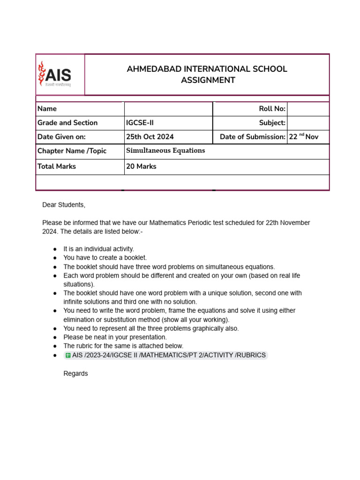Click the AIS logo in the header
click(55, 75)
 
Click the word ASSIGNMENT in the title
click(208, 80)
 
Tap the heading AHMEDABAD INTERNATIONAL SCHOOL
click(207, 69)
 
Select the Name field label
click(47, 109)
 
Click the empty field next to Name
click(168, 109)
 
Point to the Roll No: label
click(272, 109)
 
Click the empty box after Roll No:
click(308, 109)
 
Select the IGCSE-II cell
click(140, 123)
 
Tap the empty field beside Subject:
click(308, 123)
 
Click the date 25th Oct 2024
click(150, 137)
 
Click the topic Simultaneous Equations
click(165, 151)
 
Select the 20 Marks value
click(141, 166)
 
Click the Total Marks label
click(57, 166)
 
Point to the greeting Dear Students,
click(64, 205)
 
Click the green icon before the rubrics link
click(68, 355)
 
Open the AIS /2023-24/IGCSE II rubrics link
click(169, 355)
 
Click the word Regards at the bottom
click(75, 374)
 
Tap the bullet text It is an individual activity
click(98, 249)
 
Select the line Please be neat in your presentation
click(115, 337)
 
